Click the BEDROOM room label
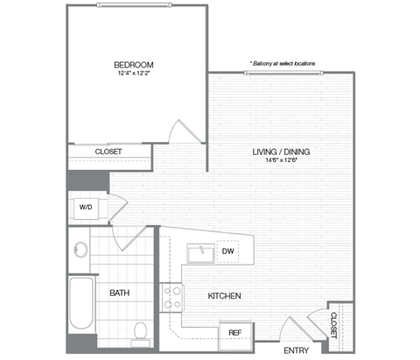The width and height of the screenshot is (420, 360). [x=134, y=65]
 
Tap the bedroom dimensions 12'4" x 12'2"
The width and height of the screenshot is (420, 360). [x=134, y=75]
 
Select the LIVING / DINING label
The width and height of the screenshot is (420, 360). [x=282, y=152]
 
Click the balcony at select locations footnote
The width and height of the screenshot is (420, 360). [x=282, y=64]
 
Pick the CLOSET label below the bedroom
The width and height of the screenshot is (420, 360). [x=108, y=152]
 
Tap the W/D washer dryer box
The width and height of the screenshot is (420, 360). [x=87, y=208]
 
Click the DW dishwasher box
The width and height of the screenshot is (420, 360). [x=227, y=251]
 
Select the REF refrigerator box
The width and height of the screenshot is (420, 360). [x=235, y=333]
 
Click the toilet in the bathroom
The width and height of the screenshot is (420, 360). [x=139, y=329]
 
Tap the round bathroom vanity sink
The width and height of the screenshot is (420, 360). [x=81, y=251]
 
